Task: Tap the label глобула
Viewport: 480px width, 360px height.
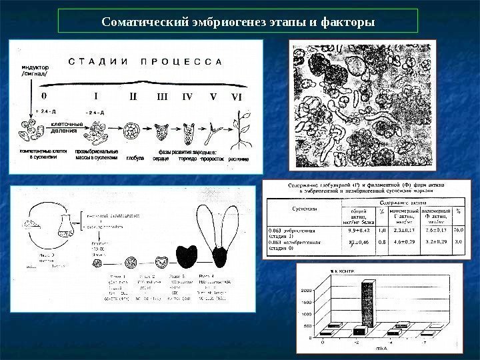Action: click(x=135, y=159)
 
